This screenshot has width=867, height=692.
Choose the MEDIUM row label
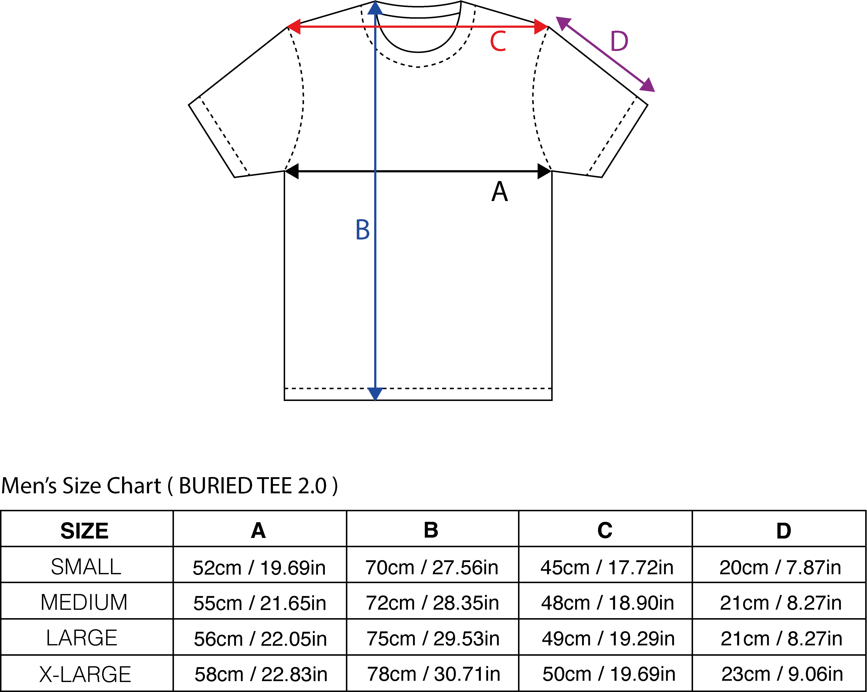(x=84, y=602)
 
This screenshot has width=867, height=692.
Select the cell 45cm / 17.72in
(x=607, y=567)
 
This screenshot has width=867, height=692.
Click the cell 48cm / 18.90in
(x=607, y=603)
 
